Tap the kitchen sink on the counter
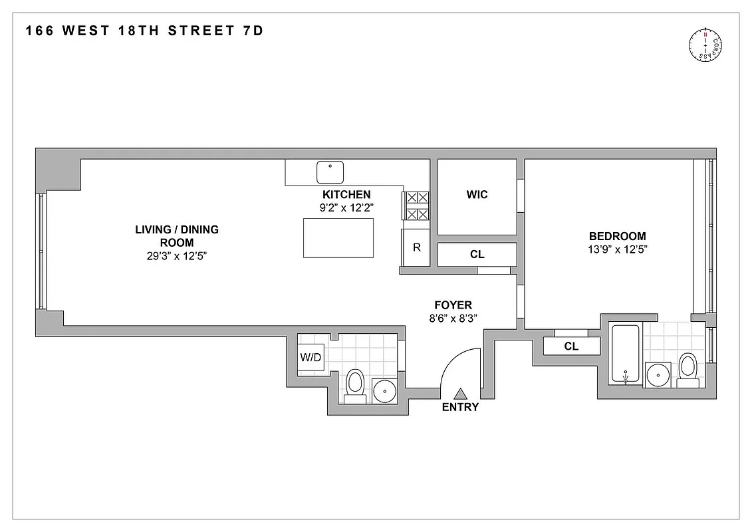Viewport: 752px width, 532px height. [329, 172]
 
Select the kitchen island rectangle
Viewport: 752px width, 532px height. [338, 237]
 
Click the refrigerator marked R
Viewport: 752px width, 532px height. [416, 247]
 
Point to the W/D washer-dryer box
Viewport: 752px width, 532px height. [311, 357]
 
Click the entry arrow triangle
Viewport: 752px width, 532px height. [460, 394]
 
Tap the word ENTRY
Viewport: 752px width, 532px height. [460, 407]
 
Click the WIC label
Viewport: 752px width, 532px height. [477, 195]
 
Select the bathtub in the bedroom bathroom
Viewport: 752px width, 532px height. [626, 354]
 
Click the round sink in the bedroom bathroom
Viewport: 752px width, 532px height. [658, 375]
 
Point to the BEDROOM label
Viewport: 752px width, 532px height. [617, 236]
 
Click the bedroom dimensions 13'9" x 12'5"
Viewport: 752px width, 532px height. [617, 249]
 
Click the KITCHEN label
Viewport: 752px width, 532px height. [346, 195]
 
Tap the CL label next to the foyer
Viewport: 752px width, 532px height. [477, 254]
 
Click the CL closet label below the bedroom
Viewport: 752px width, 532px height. [571, 346]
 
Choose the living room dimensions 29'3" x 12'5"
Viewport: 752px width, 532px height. [177, 256]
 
